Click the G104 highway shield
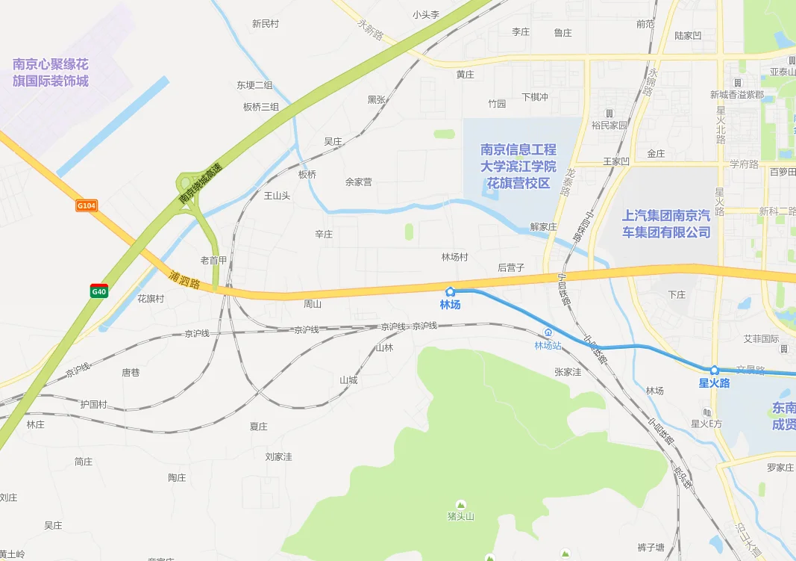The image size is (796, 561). (x=87, y=205)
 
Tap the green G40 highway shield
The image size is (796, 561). (x=99, y=291)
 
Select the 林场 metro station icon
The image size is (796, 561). (x=450, y=291)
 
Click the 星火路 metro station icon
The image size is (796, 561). (x=714, y=370)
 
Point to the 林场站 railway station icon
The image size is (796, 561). (x=548, y=332)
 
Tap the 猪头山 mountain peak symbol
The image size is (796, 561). (x=460, y=504)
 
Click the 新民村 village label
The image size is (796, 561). (x=265, y=24)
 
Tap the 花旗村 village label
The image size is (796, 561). (x=150, y=299)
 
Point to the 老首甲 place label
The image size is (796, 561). (x=213, y=261)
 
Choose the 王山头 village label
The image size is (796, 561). (x=277, y=196)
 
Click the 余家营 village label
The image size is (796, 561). (x=358, y=182)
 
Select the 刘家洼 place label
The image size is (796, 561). (x=278, y=456)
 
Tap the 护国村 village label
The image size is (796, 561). (x=93, y=405)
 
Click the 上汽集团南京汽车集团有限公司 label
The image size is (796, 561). (x=666, y=223)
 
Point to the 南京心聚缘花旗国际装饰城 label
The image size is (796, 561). (x=51, y=72)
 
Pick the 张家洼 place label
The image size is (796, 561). (x=568, y=372)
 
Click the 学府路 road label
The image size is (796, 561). (x=744, y=164)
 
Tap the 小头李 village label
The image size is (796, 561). (x=426, y=15)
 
